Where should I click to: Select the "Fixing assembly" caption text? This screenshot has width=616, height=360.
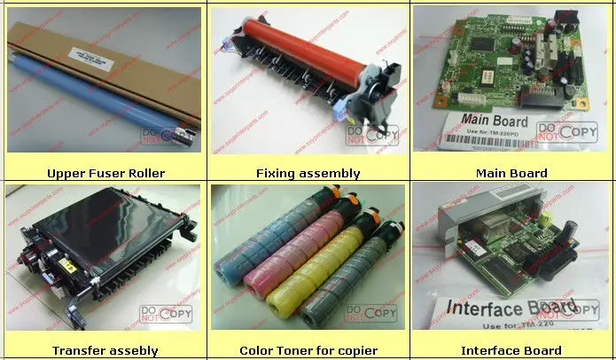click(x=308, y=173)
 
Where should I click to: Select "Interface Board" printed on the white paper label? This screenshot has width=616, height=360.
click(x=501, y=308)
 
